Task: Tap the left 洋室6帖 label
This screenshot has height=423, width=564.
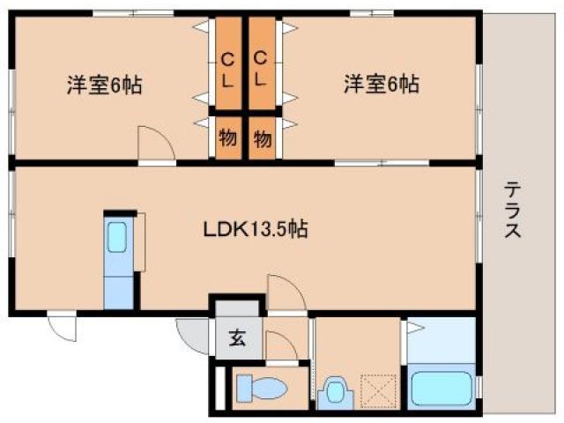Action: (x=104, y=85)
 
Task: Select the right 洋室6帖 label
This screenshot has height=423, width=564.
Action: (x=381, y=85)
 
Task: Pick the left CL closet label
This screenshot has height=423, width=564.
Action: (x=227, y=69)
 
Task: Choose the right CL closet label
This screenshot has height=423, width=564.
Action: (x=262, y=69)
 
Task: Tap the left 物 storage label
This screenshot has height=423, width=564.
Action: (x=226, y=137)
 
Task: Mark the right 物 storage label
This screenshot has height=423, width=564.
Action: (x=262, y=137)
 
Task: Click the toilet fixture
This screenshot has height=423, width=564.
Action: (x=259, y=388)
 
